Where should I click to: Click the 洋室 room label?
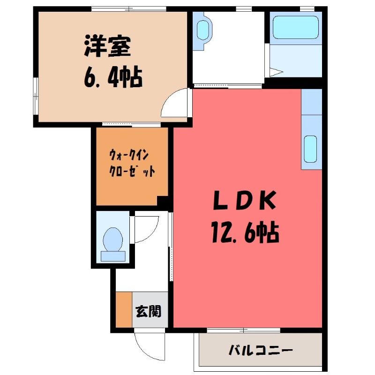107,46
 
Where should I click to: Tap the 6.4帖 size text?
113,77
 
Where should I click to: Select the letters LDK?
245,201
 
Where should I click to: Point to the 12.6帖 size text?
245,232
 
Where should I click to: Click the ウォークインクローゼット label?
132,163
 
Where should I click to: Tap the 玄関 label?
148,311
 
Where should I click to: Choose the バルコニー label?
261,350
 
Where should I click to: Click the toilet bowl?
113,239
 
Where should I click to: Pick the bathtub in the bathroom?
296,28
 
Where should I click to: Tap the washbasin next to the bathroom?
203,30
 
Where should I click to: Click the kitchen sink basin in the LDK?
310,149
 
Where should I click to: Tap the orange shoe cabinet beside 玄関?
124,309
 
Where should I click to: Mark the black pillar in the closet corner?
163,201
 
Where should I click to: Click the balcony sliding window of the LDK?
243,330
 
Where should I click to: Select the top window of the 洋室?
129,9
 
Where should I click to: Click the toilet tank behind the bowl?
113,256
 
